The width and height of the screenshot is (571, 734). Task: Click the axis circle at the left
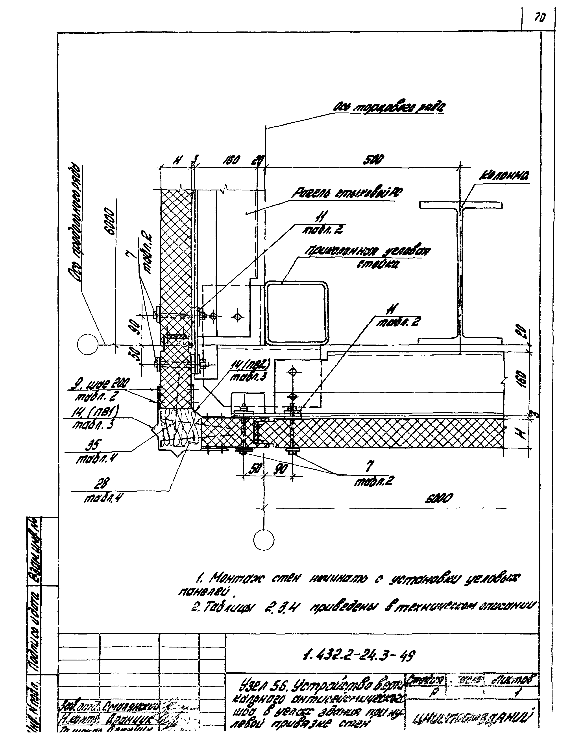87,344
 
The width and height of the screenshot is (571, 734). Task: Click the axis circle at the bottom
264,540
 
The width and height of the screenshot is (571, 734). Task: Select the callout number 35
94,446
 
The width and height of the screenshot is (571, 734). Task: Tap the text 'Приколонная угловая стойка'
367,256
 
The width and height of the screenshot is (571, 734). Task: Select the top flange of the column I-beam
461,205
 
